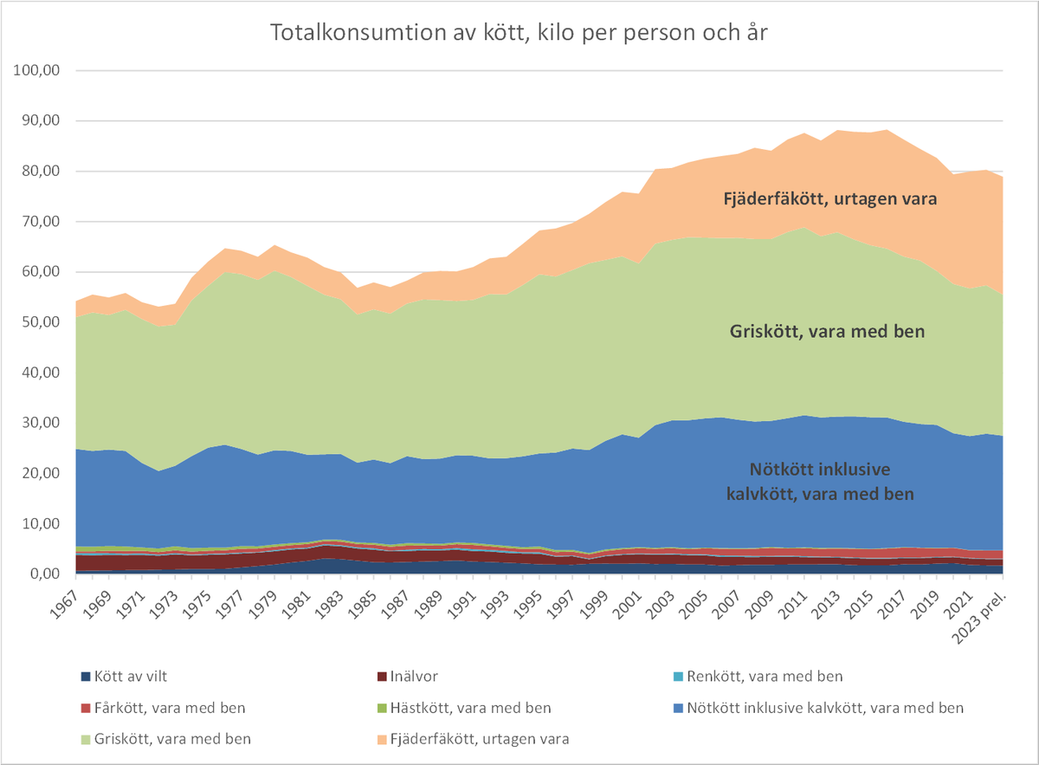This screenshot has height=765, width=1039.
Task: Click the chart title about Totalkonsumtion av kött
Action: pyautogui.click(x=519, y=34)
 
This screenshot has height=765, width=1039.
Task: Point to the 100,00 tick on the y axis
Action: pyautogui.click(x=35, y=71)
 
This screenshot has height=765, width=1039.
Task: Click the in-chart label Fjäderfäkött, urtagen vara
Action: pyautogui.click(x=830, y=198)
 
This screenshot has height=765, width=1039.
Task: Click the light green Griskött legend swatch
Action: pyautogui.click(x=85, y=740)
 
